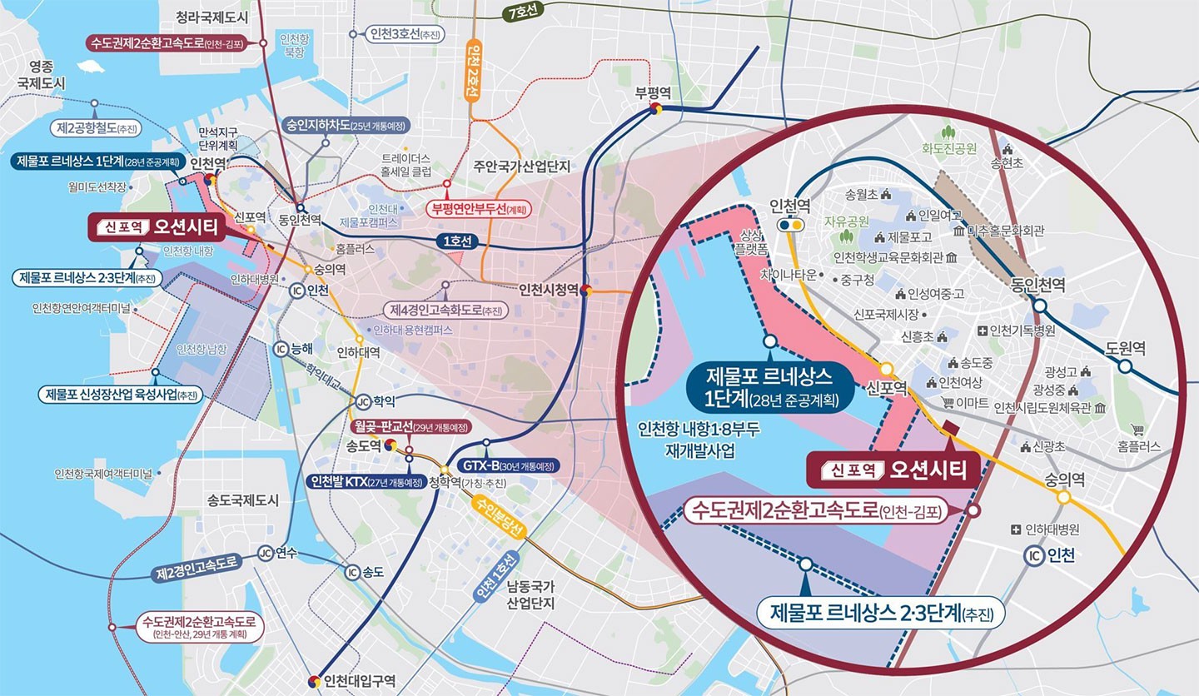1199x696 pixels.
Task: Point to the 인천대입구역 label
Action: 360,679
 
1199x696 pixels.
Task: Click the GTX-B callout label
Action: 504,465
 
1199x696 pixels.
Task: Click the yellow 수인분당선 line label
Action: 498,517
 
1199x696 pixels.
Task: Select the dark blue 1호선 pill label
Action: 457,241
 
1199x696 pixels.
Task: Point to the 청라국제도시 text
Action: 213,17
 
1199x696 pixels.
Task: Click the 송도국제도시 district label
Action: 243,500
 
